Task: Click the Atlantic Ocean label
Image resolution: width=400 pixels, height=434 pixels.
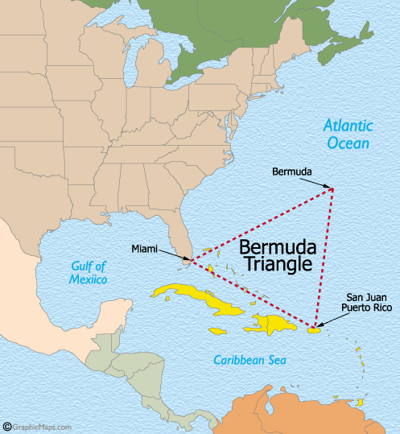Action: tap(348, 134)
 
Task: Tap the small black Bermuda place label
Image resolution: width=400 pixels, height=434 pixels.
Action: tap(291, 172)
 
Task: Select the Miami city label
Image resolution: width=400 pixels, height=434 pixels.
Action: tap(145, 249)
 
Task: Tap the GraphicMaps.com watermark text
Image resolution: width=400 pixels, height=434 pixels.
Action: tap(43, 428)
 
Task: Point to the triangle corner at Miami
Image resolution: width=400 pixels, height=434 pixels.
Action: tap(190, 260)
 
